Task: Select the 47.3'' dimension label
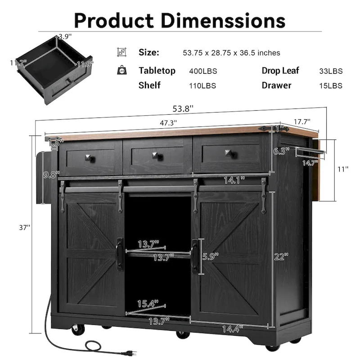click(168, 122)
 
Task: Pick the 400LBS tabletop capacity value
click(202, 71)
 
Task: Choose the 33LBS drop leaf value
click(331, 71)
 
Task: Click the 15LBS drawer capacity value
click(331, 85)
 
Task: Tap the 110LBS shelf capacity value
click(202, 85)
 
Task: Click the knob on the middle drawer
click(157, 156)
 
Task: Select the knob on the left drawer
click(87, 157)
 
